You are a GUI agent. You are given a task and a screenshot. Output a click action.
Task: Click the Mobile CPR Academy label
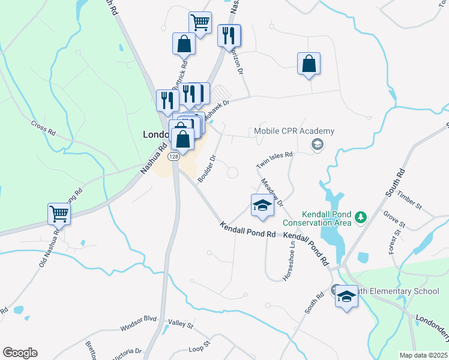click(x=294, y=131)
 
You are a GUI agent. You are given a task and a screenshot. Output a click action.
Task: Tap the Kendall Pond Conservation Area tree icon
click(x=361, y=216)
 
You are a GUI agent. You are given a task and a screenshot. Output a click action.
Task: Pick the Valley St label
click(x=181, y=325)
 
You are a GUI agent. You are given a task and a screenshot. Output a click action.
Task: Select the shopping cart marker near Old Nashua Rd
click(x=59, y=213)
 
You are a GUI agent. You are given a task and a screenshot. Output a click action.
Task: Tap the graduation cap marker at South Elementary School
click(x=346, y=297)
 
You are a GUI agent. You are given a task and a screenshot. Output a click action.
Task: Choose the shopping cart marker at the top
click(x=200, y=22)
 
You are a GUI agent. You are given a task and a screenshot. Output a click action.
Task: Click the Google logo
click(x=20, y=353)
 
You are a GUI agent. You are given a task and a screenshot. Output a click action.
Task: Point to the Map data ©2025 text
click(x=423, y=355)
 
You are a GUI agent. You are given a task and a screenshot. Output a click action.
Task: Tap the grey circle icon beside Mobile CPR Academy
click(x=316, y=144)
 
